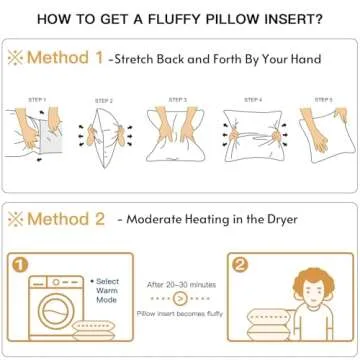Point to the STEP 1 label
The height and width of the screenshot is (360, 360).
coord(38,99)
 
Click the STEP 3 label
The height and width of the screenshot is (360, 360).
coord(178,99)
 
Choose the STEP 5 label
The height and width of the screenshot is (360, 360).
coord(322,99)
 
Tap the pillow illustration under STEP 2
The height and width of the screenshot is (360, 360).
coord(106,134)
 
